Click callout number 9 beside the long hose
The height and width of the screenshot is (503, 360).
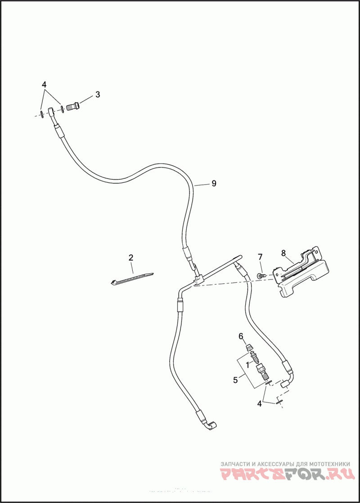[214, 184]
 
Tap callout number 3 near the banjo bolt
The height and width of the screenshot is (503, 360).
[97, 95]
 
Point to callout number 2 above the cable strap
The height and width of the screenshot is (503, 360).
[131, 258]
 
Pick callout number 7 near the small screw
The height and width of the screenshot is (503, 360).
[260, 257]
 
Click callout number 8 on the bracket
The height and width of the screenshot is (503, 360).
[283, 253]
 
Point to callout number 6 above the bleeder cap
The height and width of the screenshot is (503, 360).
[241, 336]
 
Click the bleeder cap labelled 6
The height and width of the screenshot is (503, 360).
[247, 347]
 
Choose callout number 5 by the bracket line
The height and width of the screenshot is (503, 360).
[235, 380]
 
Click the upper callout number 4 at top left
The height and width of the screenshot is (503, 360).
[44, 85]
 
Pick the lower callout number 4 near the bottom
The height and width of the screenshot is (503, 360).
[259, 404]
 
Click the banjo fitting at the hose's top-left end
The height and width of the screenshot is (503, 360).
[52, 111]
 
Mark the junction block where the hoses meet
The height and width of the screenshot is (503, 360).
[198, 281]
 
